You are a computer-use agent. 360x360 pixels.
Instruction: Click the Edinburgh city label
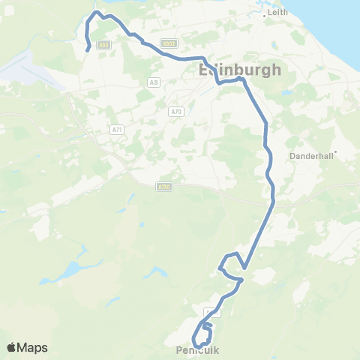(x=240, y=70)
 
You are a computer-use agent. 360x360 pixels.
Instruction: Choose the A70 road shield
(x=176, y=112)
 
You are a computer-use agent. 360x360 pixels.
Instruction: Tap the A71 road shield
(x=116, y=130)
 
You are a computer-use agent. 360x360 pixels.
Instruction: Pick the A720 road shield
(x=165, y=186)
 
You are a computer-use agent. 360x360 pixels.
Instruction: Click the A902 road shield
(x=169, y=43)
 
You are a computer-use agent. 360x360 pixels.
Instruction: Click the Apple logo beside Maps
(x=12, y=347)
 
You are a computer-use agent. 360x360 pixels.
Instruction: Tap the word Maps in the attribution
(x=32, y=347)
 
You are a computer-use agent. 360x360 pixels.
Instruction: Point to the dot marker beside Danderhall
(x=336, y=152)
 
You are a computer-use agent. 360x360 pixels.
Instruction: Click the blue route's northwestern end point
(x=89, y=49)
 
